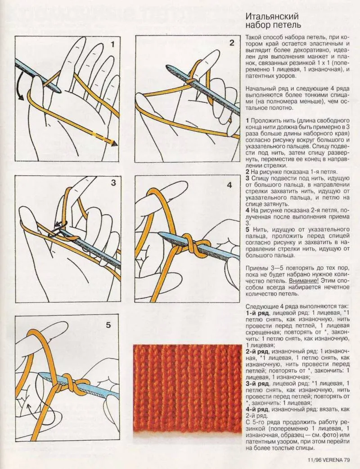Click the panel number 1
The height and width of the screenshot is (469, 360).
click(x=112, y=44)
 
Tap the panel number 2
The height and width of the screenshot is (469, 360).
click(x=232, y=43)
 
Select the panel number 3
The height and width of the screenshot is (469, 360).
click(x=113, y=183)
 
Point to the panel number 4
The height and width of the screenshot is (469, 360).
click(x=229, y=185)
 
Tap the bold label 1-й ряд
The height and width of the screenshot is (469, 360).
click(x=257, y=313)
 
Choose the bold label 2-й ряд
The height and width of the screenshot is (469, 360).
click(x=257, y=351)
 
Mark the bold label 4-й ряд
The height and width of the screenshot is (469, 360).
click(x=257, y=410)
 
